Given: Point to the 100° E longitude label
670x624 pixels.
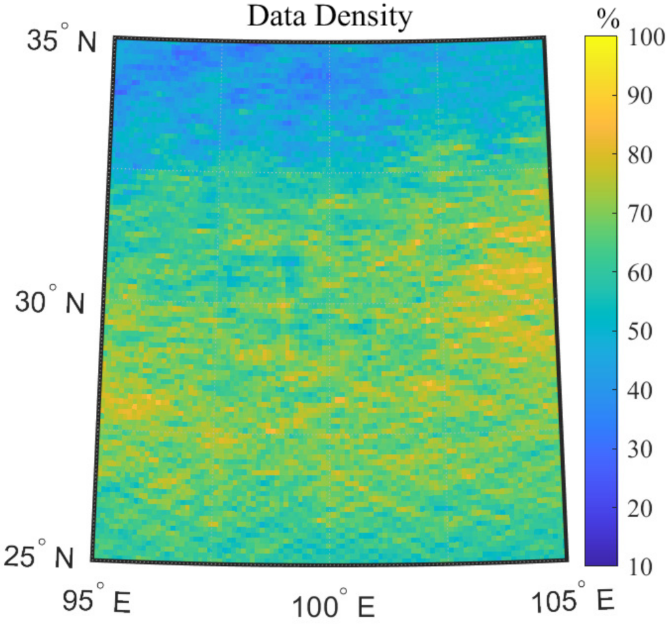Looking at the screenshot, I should [333, 606].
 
